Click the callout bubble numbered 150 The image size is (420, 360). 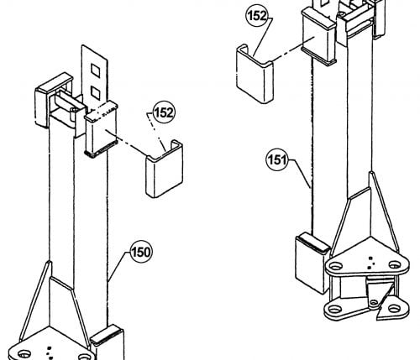141,253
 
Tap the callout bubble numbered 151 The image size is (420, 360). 276,160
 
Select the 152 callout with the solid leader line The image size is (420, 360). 257,16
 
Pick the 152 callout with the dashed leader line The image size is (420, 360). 164,112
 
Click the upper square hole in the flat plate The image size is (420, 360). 96,70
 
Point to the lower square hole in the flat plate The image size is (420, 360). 96,92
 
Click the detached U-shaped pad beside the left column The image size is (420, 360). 165,169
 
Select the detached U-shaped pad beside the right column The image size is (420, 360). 255,74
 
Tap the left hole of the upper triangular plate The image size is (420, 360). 335,265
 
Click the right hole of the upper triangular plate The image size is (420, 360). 394,264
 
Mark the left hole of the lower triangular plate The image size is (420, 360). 333,310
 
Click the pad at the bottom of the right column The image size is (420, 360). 312,263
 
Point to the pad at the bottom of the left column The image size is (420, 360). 108,342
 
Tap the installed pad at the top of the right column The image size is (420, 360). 318,35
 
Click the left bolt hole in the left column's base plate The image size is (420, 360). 24,355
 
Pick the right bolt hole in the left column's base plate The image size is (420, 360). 84,357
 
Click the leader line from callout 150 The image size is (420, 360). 118,266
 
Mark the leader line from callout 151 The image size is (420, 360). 300,174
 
